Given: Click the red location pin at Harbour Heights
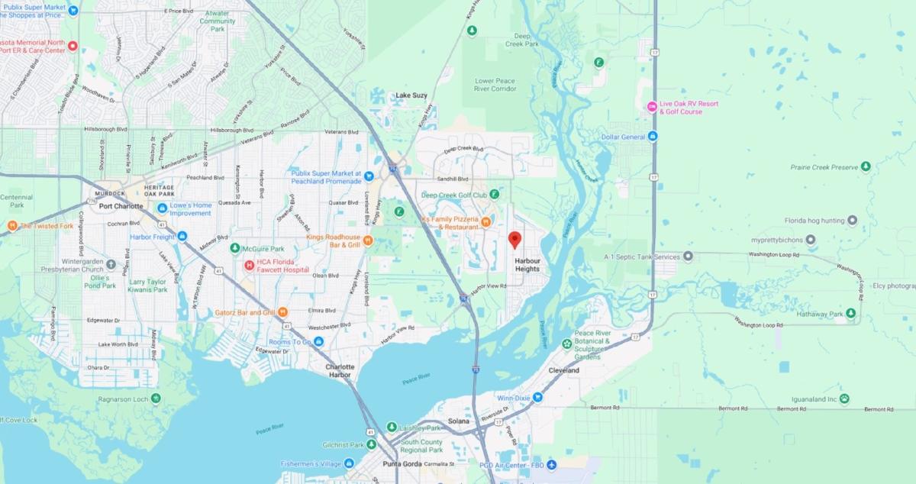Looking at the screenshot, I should pos(514,240).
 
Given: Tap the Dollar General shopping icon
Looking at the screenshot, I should pos(653,137).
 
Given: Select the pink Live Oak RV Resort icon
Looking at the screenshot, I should pos(651,107).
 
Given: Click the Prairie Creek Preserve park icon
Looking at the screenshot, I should pos(866,166).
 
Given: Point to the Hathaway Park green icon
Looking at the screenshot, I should pos(850,314).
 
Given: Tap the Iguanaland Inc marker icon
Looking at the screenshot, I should pos(844,398).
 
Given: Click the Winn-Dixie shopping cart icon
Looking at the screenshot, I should pos(537,397).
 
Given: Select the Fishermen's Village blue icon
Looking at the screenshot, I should pos(349,463).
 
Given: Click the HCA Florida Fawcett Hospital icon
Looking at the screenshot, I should pos(248,266).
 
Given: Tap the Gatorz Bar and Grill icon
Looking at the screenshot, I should pos(282,311).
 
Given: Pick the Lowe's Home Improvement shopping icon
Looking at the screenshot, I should pos(162,208).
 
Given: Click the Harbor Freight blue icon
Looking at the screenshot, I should pos(182,237).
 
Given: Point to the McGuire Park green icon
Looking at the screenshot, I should pos(235,249).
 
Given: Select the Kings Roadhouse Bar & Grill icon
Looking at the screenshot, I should pos(367,241).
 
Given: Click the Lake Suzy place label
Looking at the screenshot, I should pos(411,95).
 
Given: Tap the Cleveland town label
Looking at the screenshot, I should pos(564,370).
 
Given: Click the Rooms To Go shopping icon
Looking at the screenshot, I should pos(318,341).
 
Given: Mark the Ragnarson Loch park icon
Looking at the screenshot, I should pos(156,398).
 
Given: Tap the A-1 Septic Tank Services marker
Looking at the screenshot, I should pos(688,257).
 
